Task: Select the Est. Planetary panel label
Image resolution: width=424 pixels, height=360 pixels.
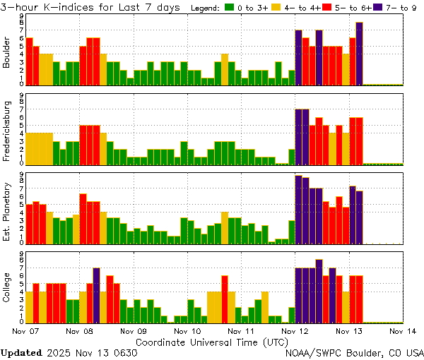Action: click(x=7, y=211)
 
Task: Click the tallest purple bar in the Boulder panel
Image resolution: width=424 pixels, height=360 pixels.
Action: click(x=359, y=54)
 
